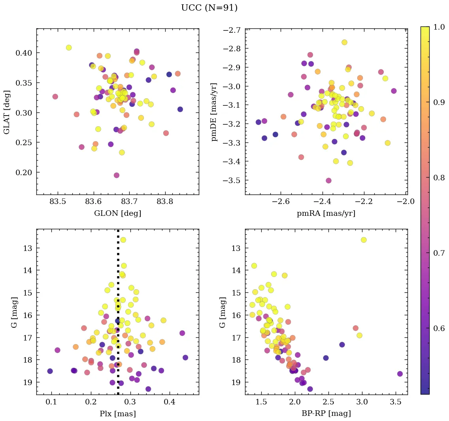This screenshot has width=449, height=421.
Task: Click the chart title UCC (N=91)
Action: coord(209,8)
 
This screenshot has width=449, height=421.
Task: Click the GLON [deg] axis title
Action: coord(117,213)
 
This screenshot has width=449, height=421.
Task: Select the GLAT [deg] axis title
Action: coord(7,112)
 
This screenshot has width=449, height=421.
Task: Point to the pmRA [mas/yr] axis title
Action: coord(326,213)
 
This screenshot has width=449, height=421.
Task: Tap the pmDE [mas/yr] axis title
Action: coord(214,112)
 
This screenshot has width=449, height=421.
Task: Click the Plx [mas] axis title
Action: coord(117,414)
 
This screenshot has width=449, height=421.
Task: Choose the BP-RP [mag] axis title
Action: coord(326,414)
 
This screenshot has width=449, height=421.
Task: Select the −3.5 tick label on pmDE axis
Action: coord(232,180)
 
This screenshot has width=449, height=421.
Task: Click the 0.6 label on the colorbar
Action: coord(438,329)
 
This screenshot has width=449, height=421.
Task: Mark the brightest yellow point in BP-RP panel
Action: coord(364,240)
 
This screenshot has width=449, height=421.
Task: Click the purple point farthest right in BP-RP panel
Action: coord(400,374)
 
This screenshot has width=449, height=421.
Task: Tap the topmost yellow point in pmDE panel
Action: coord(344,42)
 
